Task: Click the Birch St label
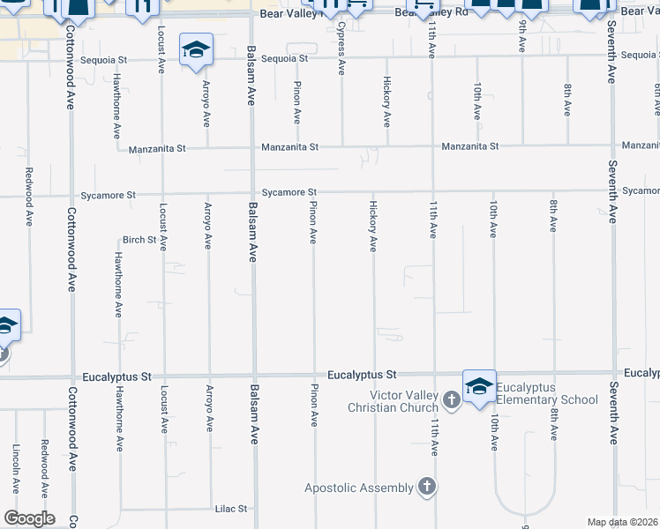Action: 139,240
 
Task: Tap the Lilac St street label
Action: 231,509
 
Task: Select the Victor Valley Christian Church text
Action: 393,401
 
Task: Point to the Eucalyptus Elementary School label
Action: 547,394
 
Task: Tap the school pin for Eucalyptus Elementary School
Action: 479,387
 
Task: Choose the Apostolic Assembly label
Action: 359,488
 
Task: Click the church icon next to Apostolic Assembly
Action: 427,487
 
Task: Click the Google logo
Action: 28,518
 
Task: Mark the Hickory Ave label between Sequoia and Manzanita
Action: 386,102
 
